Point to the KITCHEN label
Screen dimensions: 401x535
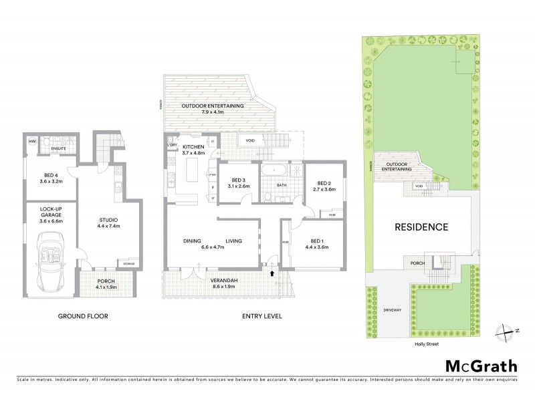coord(193,146)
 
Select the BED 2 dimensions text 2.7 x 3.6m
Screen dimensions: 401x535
coord(324,189)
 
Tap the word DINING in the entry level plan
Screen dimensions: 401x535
coord(193,241)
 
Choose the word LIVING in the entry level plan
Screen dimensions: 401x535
coord(233,241)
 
